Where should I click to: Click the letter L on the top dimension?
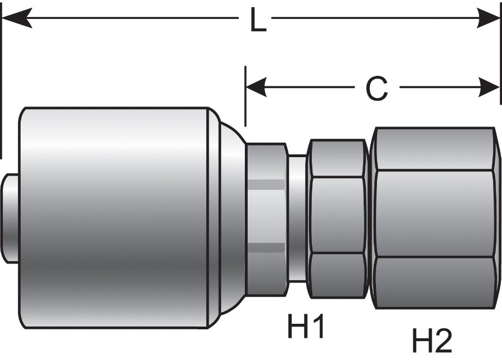tap(257, 21)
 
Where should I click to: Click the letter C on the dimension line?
tap(376, 88)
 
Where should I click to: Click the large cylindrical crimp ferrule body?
tap(114, 217)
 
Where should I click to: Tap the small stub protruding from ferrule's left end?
tap(10, 218)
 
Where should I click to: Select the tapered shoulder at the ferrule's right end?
tap(229, 217)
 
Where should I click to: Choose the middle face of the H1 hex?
tap(337, 215)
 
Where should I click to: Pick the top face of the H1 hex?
tap(337, 158)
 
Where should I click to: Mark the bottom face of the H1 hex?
tap(337, 275)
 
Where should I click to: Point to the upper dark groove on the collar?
tap(267, 184)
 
